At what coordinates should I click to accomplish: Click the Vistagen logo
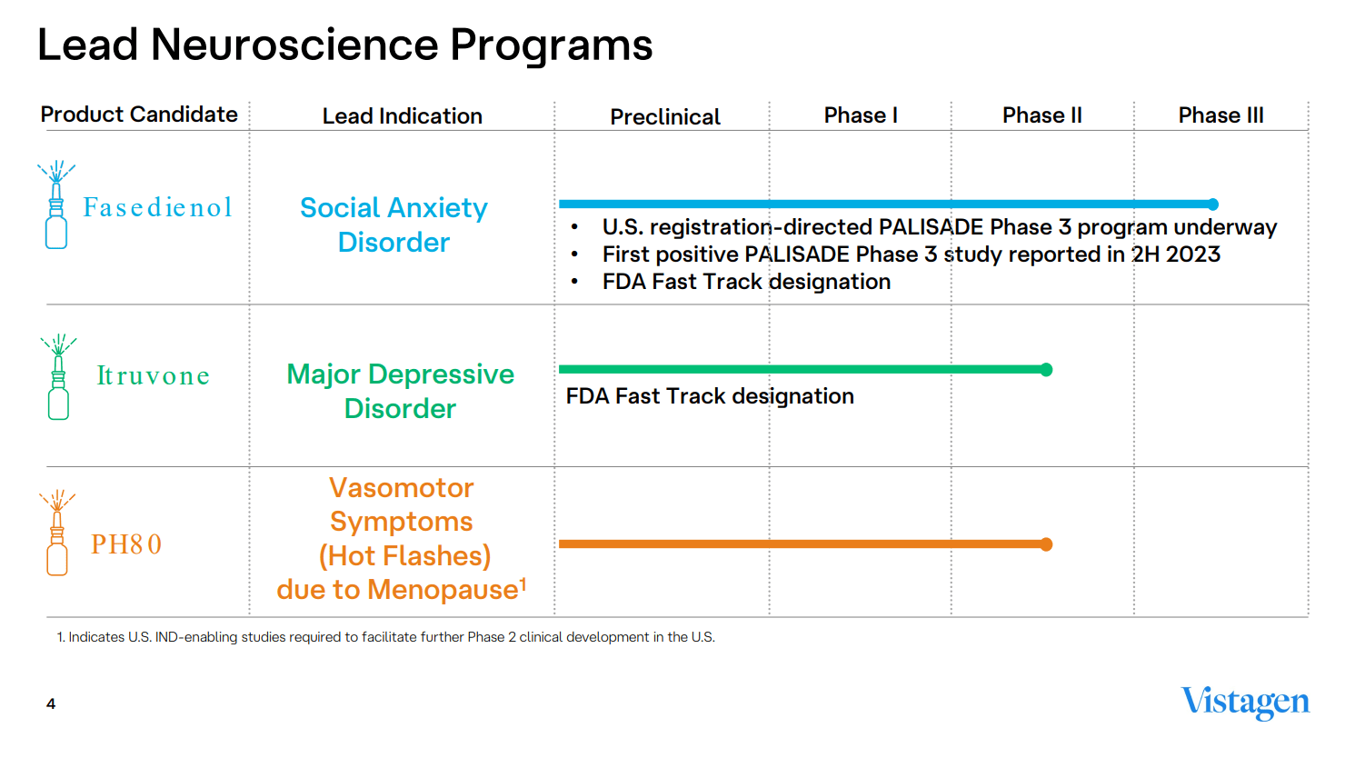[x=1244, y=702]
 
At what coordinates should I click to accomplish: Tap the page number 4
[x=51, y=703]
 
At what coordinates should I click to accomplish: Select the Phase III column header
[x=1220, y=115]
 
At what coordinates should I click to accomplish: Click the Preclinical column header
[x=664, y=117]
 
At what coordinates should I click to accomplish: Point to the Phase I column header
[x=860, y=115]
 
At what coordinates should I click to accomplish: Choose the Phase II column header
[x=1041, y=115]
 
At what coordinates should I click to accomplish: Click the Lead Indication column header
[x=402, y=116]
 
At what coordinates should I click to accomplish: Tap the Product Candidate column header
[x=139, y=115]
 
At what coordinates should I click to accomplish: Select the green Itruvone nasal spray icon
[x=58, y=377]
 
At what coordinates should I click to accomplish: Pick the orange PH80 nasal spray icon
[x=57, y=534]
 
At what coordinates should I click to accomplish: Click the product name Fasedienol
[x=157, y=208]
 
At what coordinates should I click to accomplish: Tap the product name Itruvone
[x=153, y=376]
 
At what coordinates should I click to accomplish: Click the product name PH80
[x=126, y=544]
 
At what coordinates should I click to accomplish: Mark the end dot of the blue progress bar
[x=1212, y=204]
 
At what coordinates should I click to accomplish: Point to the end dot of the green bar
[x=1046, y=370]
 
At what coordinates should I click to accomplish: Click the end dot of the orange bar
[x=1046, y=544]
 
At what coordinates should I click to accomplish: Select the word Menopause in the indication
[x=443, y=590]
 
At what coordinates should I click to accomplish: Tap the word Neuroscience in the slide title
[x=294, y=45]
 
